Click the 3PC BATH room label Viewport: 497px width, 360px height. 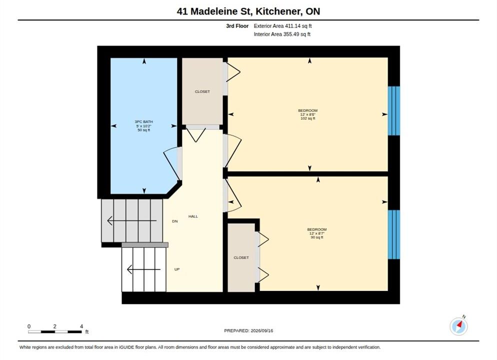143,121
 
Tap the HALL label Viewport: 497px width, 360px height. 193,216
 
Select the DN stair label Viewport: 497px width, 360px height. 175,221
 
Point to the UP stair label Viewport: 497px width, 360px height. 177,269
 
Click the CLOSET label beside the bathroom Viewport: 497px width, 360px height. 202,91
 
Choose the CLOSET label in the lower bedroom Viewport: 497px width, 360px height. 241,257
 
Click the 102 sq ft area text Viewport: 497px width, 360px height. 308,118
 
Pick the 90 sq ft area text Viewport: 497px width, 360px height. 317,237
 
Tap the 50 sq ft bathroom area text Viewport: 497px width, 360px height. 143,130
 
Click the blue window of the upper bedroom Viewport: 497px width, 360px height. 394,111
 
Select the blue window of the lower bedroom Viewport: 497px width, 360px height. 394,234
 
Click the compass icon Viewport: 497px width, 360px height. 458,326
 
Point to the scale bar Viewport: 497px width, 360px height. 55,332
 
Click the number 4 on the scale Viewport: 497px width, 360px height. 81,326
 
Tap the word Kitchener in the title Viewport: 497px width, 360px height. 278,11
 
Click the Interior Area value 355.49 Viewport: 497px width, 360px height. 291,34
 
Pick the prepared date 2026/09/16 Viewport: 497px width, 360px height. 262,330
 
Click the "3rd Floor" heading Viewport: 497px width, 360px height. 237,26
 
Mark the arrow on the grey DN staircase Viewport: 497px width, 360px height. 132,220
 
